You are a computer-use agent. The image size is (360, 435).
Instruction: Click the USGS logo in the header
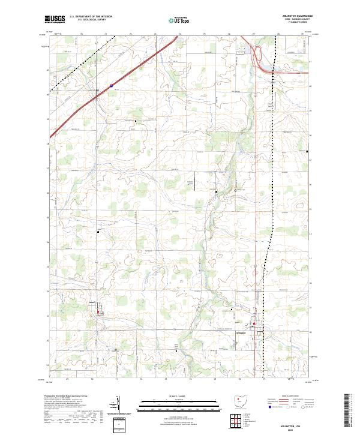(x=53, y=19)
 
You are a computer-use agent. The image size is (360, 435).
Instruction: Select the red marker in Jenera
(x=98, y=311)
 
